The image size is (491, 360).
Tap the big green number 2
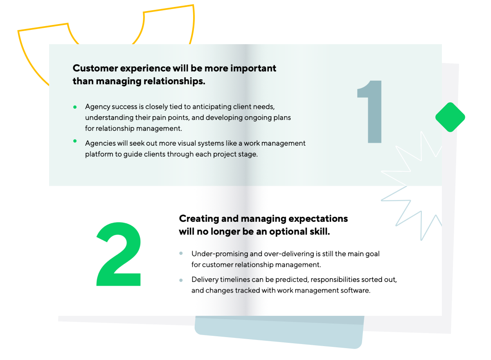tap(119, 254)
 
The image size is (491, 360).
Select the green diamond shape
tap(450, 117)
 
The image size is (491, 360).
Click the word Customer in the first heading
tap(95, 68)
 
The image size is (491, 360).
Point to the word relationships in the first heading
tap(174, 81)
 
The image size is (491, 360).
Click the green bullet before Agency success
tap(75, 107)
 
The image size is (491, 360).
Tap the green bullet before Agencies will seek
tap(75, 141)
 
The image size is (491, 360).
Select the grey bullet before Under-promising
tap(181, 254)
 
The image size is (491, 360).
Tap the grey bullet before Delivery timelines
tap(181, 281)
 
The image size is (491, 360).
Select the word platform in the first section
tap(99, 155)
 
